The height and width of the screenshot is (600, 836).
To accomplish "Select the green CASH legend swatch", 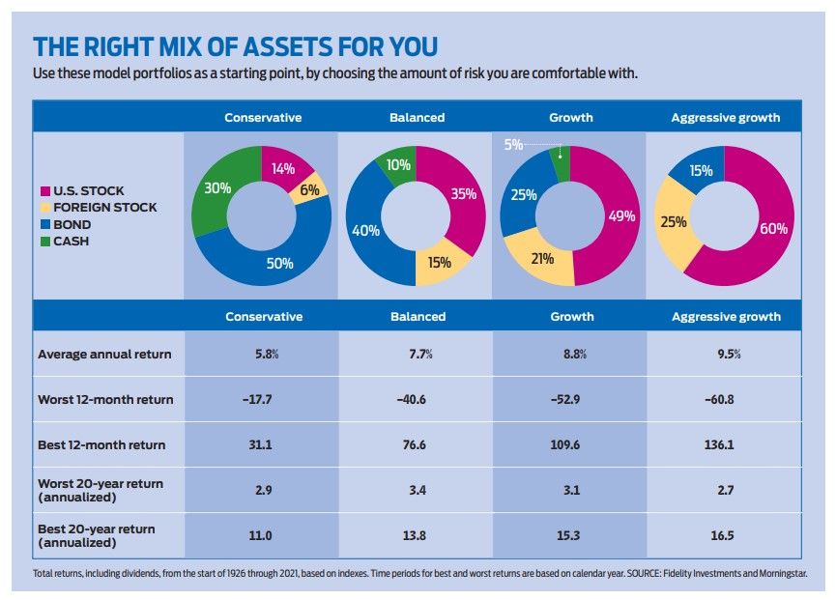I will tap(43, 242).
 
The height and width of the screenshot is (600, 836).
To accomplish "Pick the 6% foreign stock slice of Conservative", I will tap(309, 191).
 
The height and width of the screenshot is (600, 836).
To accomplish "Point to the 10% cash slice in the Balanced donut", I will tap(397, 165).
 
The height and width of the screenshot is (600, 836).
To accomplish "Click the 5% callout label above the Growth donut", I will tap(513, 145).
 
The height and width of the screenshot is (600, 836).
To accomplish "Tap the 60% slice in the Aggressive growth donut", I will tap(770, 229).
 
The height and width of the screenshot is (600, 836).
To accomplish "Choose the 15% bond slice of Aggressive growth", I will tap(702, 171).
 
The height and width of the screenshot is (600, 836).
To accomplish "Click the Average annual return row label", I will tap(104, 354).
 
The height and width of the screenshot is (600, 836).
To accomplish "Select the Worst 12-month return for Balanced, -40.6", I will tap(417, 399).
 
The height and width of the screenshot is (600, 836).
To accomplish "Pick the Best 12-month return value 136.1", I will tap(725, 445).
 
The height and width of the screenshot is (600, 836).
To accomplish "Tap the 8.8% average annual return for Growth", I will tap(570, 354).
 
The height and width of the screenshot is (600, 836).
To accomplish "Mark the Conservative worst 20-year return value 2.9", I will tap(263, 491).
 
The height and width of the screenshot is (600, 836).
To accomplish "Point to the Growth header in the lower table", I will tap(570, 316).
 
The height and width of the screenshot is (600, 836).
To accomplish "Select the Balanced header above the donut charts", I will tap(417, 117).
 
